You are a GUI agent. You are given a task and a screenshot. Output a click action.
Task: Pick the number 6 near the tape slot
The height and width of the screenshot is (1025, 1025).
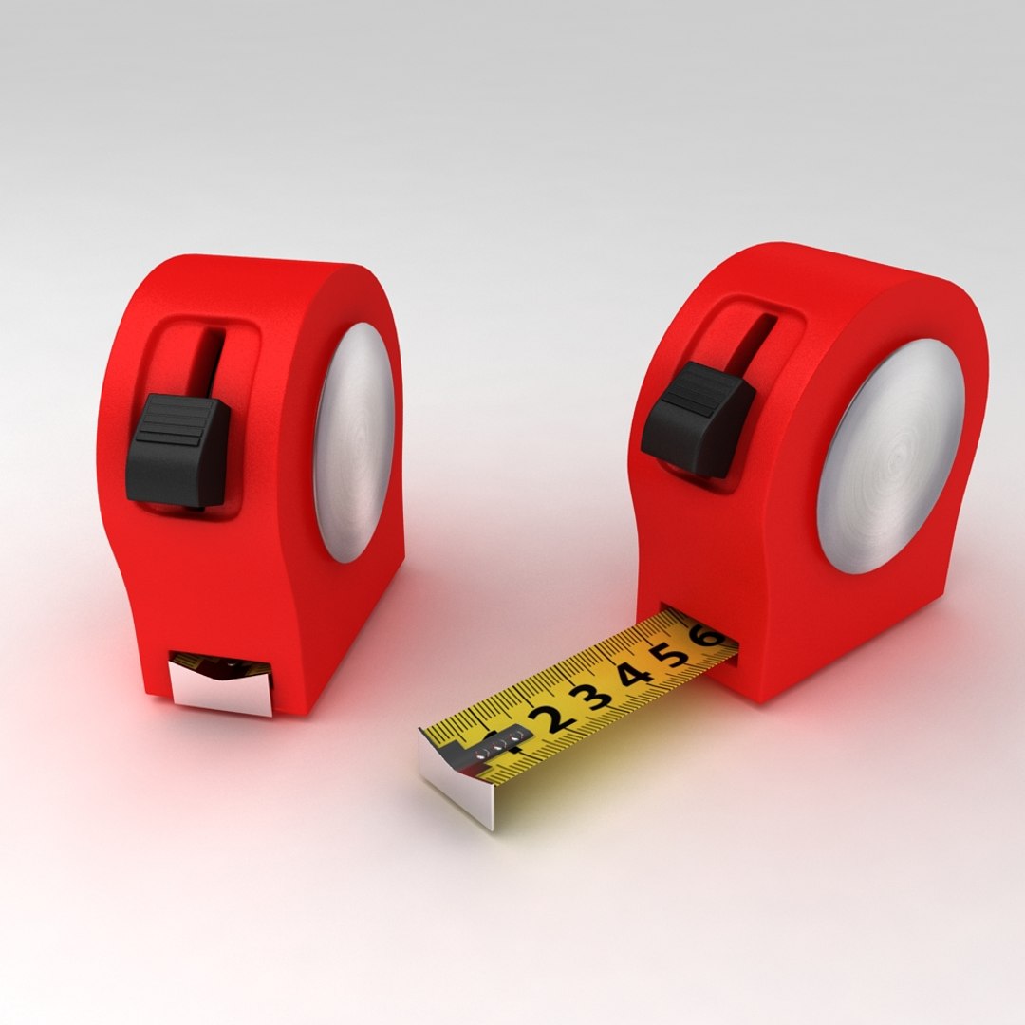tap(707, 637)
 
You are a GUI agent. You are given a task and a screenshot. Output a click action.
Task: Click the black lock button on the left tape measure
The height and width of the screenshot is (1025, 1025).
tap(178, 449)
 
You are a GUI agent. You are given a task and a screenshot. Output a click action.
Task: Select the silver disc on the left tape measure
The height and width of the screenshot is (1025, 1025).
tap(353, 442)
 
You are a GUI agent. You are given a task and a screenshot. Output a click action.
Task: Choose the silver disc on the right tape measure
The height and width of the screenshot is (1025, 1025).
tap(889, 457)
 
